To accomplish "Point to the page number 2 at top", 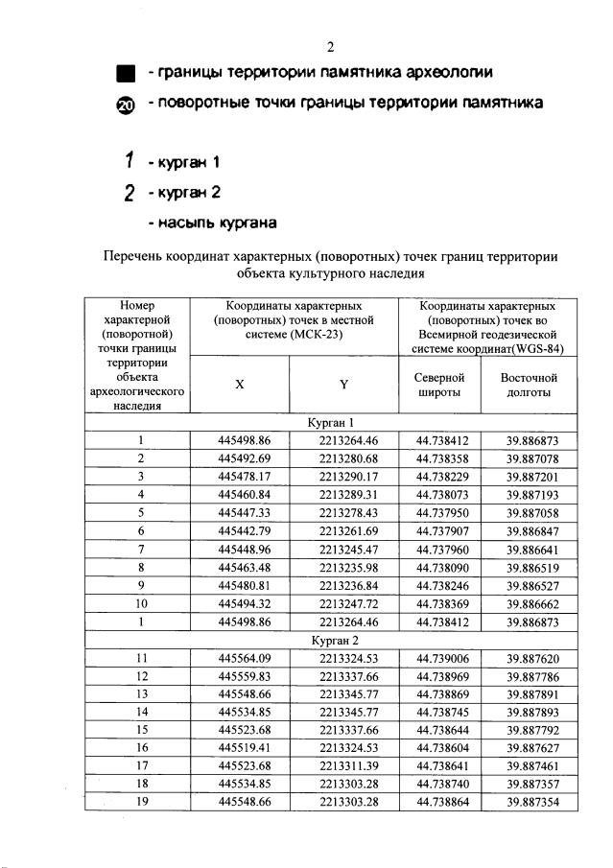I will tap(329, 47).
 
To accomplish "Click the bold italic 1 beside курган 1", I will tap(126, 161).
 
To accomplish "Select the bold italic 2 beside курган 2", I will tap(127, 193).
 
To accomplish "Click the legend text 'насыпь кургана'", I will tap(212, 223).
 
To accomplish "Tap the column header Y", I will tap(342, 384).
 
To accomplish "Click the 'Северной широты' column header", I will tap(440, 385).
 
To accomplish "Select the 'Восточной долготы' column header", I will tap(529, 385).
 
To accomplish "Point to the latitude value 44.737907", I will tap(441, 530).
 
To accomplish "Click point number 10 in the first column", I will tap(140, 603).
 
